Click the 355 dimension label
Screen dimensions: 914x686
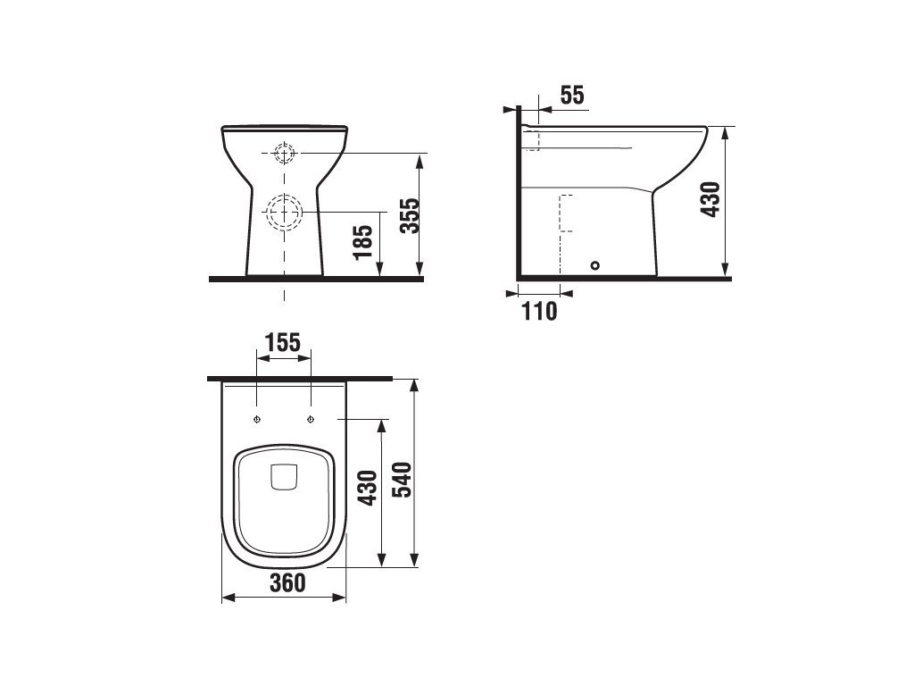coord(411,216)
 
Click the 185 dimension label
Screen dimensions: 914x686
coord(362,243)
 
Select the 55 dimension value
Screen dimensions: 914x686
coord(572,95)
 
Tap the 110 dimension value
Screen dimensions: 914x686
coord(539,312)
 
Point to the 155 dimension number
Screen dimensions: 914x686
coord(283,342)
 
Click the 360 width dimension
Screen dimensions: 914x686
coord(287,582)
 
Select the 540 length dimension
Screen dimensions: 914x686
coord(402,480)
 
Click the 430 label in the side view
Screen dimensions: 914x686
coord(710,199)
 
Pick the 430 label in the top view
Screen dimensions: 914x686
coord(368,489)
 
